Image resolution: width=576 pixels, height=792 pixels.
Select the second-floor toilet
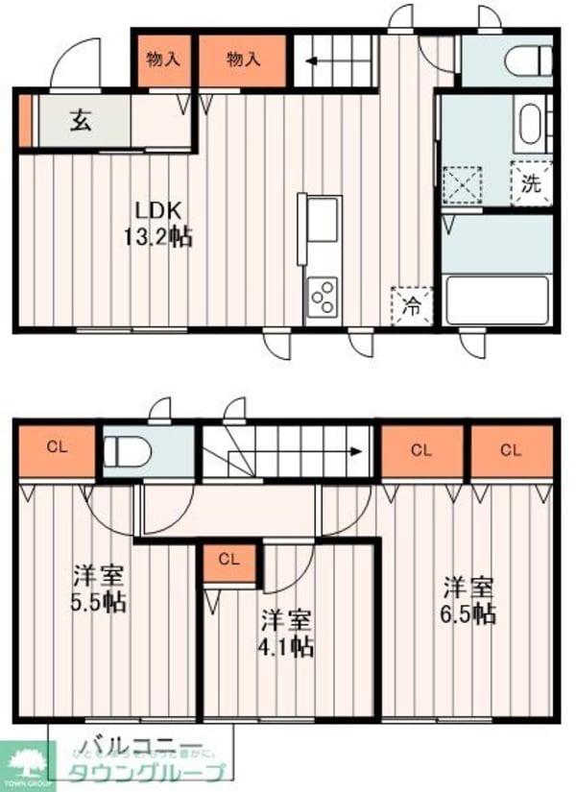(124, 451)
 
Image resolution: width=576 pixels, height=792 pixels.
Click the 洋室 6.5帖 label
(468, 599)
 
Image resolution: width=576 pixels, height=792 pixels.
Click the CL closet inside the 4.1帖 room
(228, 561)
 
